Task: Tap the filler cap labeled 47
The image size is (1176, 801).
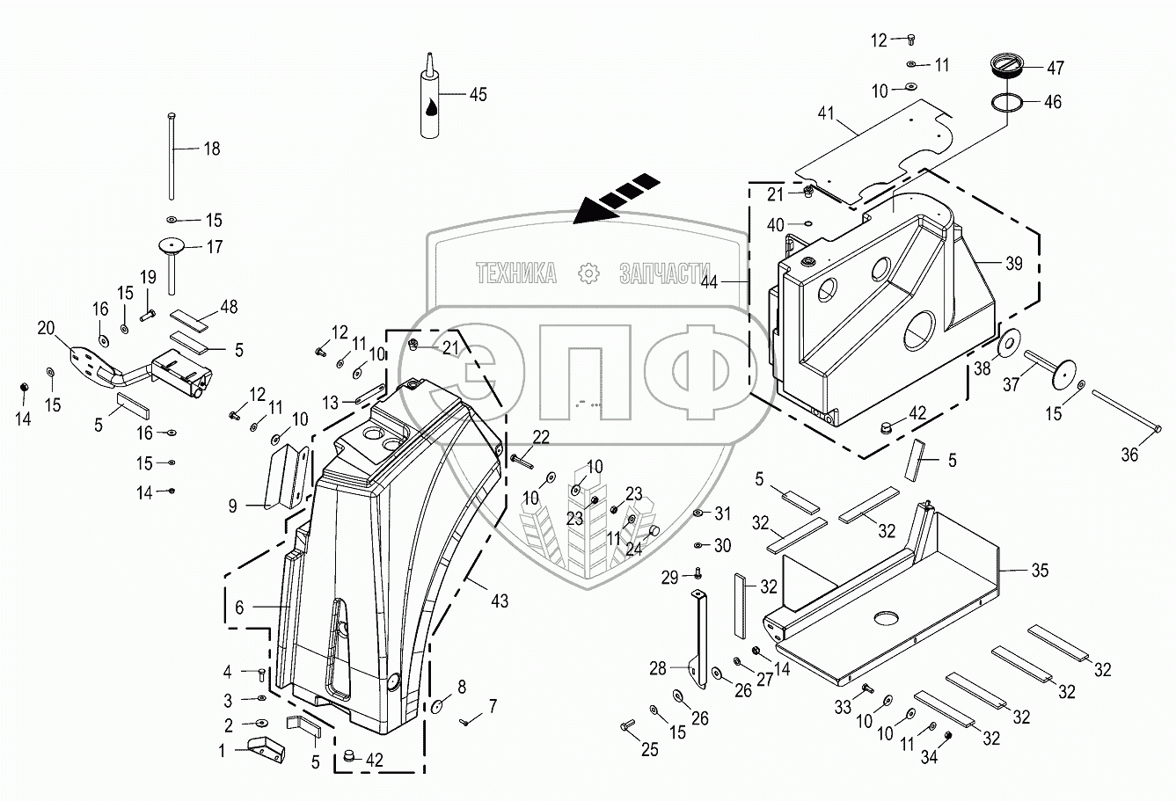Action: coord(1004,66)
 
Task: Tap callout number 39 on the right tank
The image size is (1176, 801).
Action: coord(1014,264)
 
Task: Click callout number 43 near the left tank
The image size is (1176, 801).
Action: coord(500,602)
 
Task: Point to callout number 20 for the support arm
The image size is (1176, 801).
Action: coord(46,329)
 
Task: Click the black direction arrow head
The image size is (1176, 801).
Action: coord(588,211)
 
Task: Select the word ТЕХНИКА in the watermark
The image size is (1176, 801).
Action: coord(515,273)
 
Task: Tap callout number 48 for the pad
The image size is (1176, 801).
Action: coord(229,307)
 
